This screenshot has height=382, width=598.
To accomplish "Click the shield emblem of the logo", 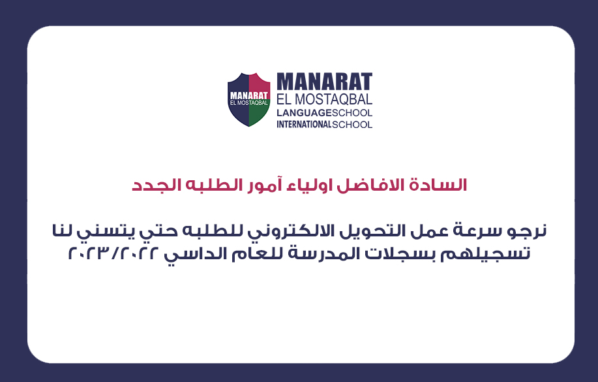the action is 248,100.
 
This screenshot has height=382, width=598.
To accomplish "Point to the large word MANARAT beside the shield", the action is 325,82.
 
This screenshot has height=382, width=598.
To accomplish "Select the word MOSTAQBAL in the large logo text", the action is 334,99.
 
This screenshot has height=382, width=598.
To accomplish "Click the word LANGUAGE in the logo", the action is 304,113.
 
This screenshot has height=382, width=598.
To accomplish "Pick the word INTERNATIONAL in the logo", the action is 304,125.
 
